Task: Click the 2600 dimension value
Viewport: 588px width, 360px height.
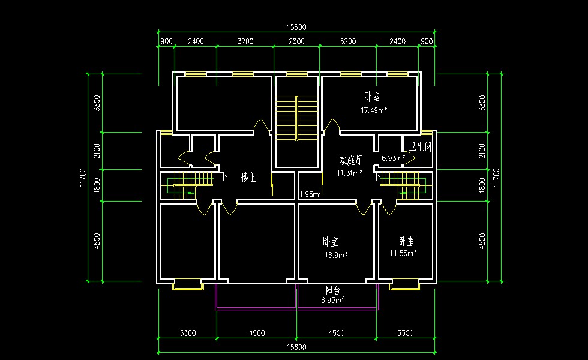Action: (x=296, y=41)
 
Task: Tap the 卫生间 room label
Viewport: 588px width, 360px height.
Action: (x=420, y=146)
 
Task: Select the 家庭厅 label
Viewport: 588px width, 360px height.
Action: (x=351, y=161)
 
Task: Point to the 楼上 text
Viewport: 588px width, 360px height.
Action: (x=248, y=178)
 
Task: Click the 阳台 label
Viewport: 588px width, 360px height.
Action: (x=333, y=290)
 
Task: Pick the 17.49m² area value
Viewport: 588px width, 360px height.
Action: (x=374, y=110)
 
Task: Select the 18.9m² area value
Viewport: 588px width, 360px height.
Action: (x=336, y=255)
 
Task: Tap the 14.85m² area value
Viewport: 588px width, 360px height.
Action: (x=403, y=253)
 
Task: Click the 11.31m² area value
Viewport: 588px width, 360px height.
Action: (x=349, y=173)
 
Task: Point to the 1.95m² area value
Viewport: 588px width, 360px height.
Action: (x=310, y=194)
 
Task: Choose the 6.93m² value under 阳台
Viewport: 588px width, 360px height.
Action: (x=332, y=299)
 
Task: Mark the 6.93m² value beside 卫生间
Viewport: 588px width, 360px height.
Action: (x=394, y=158)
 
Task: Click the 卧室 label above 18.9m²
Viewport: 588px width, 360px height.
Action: (x=331, y=241)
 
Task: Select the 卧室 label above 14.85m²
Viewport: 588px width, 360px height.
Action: (x=407, y=241)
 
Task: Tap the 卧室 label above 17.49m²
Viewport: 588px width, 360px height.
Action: (x=372, y=97)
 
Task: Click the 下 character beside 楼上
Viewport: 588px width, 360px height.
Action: (x=224, y=176)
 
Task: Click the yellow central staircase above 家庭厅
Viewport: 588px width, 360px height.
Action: (x=296, y=119)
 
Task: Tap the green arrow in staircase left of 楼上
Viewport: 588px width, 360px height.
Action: (x=191, y=193)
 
